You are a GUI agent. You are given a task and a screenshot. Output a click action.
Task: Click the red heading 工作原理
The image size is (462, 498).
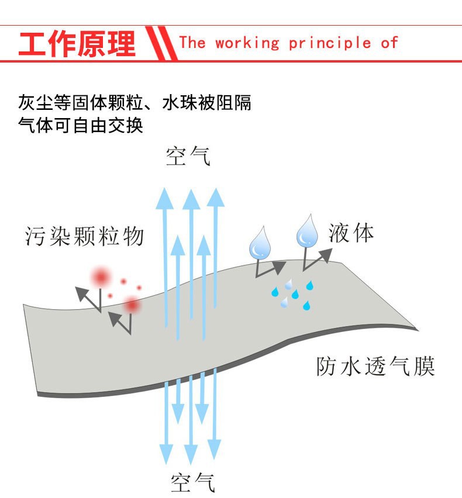(x=77, y=44)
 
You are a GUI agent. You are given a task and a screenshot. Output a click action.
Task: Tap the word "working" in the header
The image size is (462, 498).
(x=247, y=43)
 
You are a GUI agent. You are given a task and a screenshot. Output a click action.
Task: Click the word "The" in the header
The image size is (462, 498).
(x=192, y=43)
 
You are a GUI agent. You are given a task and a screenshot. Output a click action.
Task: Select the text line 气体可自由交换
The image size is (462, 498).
(x=81, y=125)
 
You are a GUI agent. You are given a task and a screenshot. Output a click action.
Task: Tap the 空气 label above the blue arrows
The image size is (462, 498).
(x=188, y=156)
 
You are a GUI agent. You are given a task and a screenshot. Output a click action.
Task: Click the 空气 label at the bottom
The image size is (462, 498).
(x=193, y=482)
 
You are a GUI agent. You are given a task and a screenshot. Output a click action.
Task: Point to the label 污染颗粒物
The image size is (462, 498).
(x=84, y=236)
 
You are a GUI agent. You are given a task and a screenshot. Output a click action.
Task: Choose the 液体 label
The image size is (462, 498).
(x=351, y=233)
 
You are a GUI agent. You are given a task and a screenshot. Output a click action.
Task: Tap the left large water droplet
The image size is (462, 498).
(x=258, y=245)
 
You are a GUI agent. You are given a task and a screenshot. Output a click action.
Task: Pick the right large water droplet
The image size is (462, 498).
(x=306, y=231)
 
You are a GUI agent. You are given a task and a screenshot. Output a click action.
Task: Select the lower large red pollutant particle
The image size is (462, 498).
(x=132, y=305)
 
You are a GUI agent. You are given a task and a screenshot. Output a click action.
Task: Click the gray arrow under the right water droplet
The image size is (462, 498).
(x=316, y=258)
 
